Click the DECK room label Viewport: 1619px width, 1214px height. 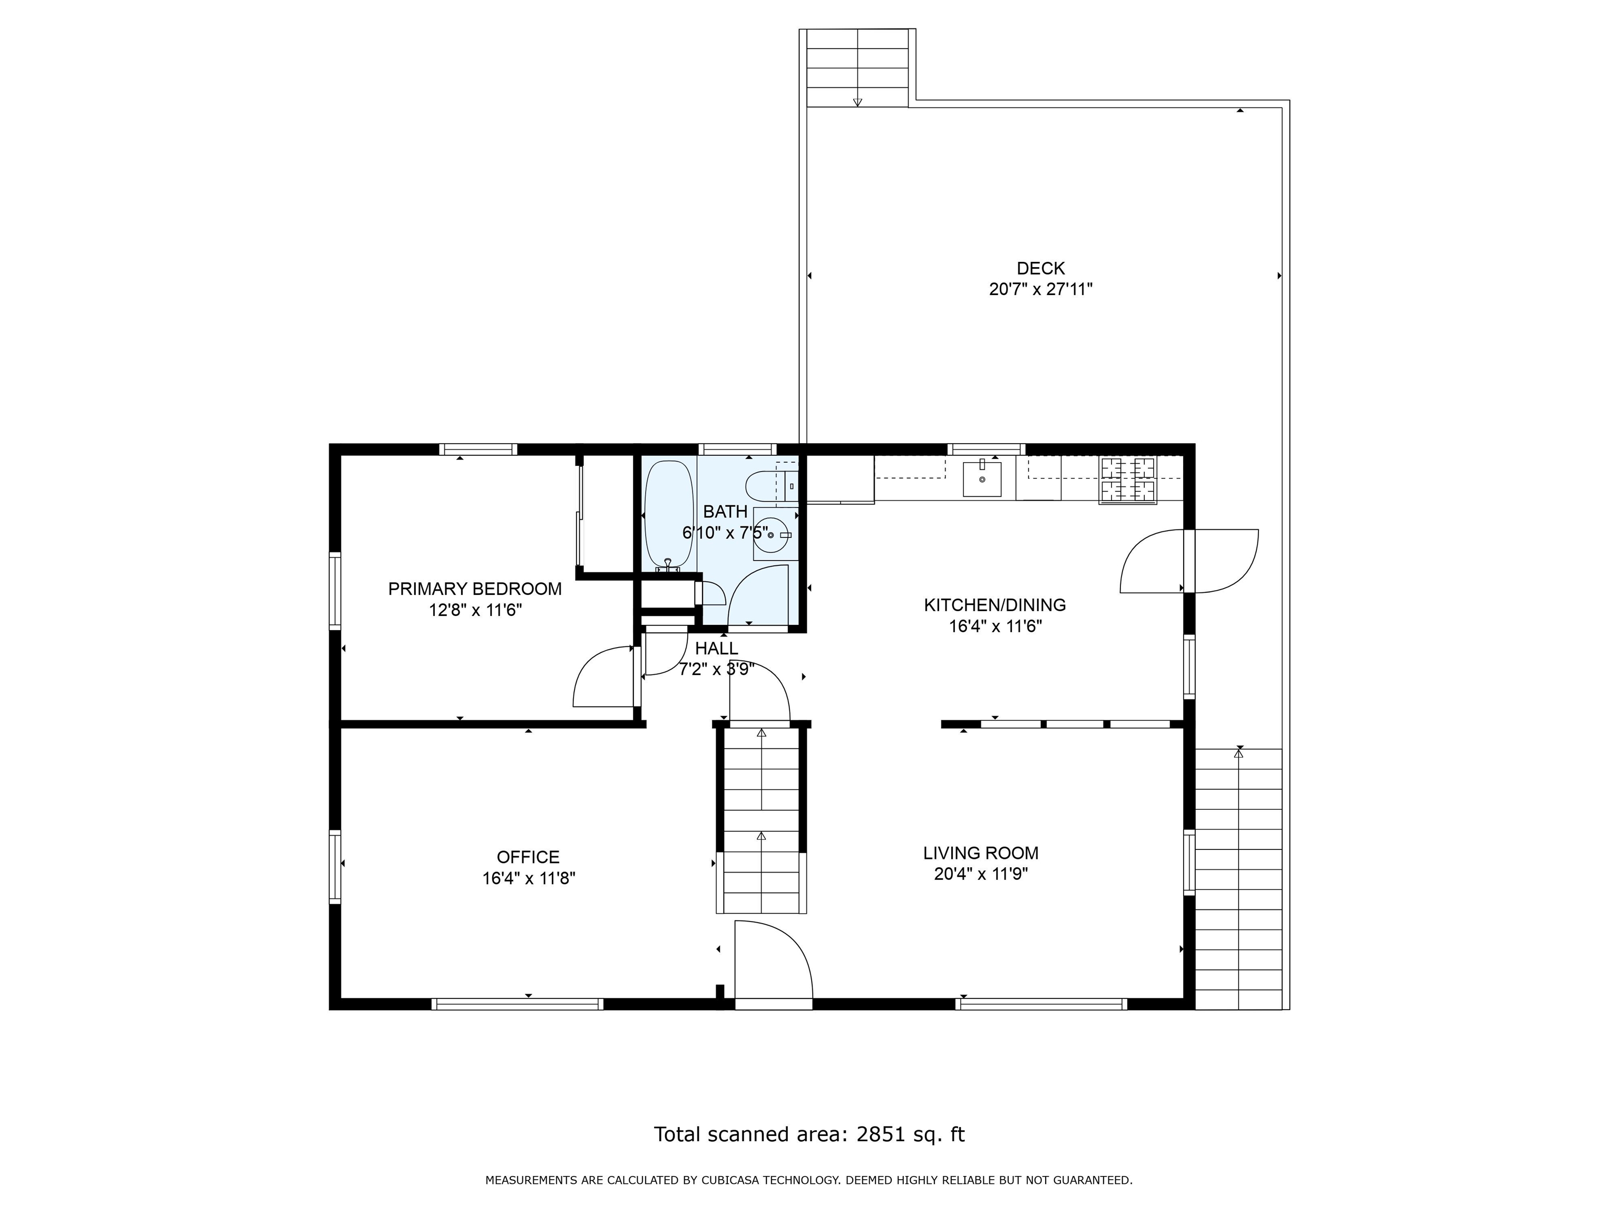tap(1040, 269)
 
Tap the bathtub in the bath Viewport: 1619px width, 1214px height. tap(668, 514)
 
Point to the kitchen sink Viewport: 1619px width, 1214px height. tap(981, 478)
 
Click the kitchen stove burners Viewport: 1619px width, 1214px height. tap(1128, 480)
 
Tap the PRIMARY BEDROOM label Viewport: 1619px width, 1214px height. tap(475, 589)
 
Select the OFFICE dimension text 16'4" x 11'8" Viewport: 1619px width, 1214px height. tap(529, 878)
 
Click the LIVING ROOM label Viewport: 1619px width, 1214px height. tap(981, 853)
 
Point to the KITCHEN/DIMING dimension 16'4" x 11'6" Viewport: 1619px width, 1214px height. tap(996, 626)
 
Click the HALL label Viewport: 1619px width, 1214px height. tap(717, 648)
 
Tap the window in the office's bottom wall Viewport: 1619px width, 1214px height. tap(518, 1004)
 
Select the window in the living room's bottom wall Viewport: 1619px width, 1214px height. tap(1041, 1004)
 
